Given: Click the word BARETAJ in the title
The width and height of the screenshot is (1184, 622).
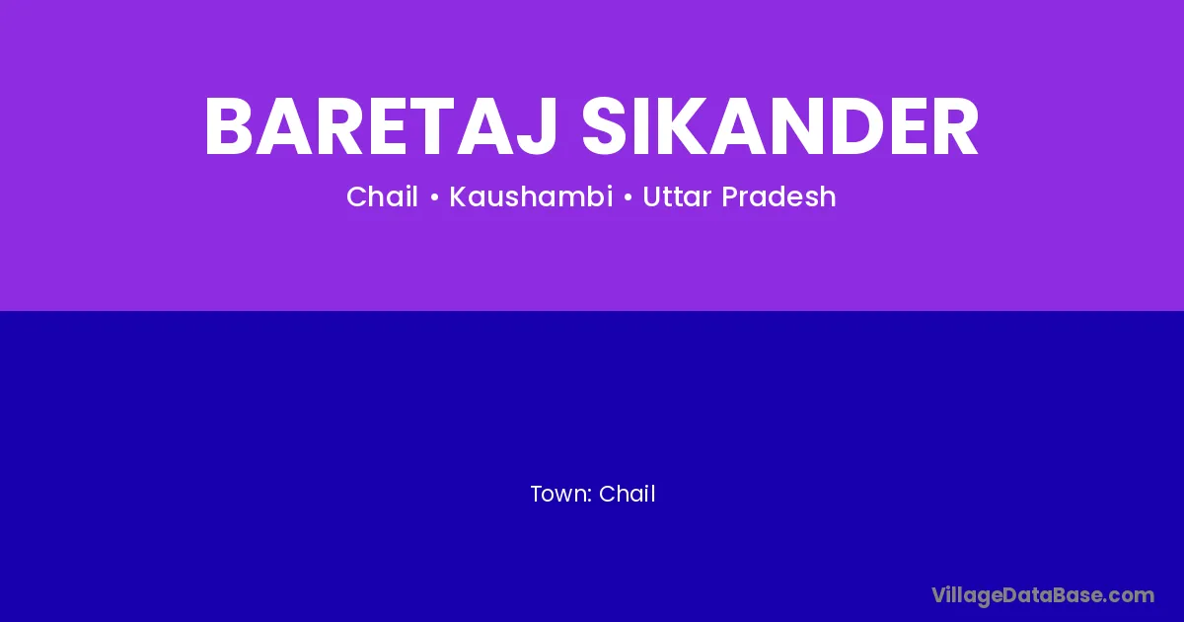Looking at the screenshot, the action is [381, 126].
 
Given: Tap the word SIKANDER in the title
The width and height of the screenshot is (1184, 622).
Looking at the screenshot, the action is [780, 126].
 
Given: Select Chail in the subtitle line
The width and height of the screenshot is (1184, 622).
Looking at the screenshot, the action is [382, 196].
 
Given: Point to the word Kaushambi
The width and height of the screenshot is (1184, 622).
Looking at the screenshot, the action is [531, 196].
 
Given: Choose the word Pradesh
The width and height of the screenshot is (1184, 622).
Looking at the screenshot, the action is [779, 196].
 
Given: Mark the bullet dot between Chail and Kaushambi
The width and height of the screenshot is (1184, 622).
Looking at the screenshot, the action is [434, 197].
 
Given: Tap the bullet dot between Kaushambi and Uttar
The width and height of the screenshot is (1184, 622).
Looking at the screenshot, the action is [628, 197].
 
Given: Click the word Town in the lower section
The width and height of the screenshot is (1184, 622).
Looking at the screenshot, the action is [558, 494].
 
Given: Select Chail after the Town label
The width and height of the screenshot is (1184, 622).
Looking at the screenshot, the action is [627, 494].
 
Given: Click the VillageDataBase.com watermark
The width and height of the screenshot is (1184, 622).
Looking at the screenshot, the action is [1043, 596].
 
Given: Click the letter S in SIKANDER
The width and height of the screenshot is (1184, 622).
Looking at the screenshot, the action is [604, 126].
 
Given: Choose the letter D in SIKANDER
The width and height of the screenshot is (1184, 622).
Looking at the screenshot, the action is [858, 126].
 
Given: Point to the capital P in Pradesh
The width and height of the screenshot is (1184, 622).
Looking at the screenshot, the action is [730, 196].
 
